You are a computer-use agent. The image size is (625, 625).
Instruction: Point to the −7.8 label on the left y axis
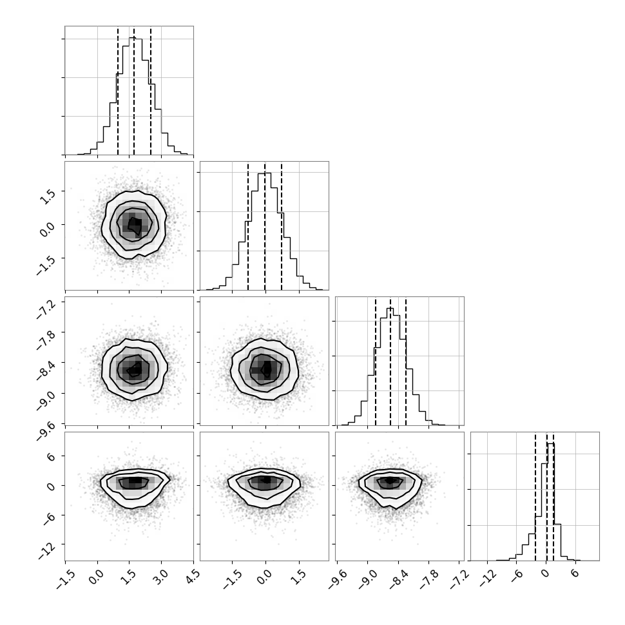(44, 340)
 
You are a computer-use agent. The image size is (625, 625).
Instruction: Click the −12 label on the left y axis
(48, 551)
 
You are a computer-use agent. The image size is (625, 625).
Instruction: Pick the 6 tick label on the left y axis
(51, 456)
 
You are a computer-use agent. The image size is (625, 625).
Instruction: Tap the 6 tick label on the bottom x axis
(575, 573)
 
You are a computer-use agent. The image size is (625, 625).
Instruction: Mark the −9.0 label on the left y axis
(44, 401)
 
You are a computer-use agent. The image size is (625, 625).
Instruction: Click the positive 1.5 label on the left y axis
(48, 197)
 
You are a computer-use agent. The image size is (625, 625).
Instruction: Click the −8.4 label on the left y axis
(44, 370)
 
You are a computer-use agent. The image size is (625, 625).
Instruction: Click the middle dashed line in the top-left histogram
(134, 91)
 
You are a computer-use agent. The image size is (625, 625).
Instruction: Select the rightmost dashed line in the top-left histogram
(151, 91)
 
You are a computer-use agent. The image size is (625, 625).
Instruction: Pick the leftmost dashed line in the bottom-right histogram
(535, 497)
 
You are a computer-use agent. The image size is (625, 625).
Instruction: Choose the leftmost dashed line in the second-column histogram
(248, 226)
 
